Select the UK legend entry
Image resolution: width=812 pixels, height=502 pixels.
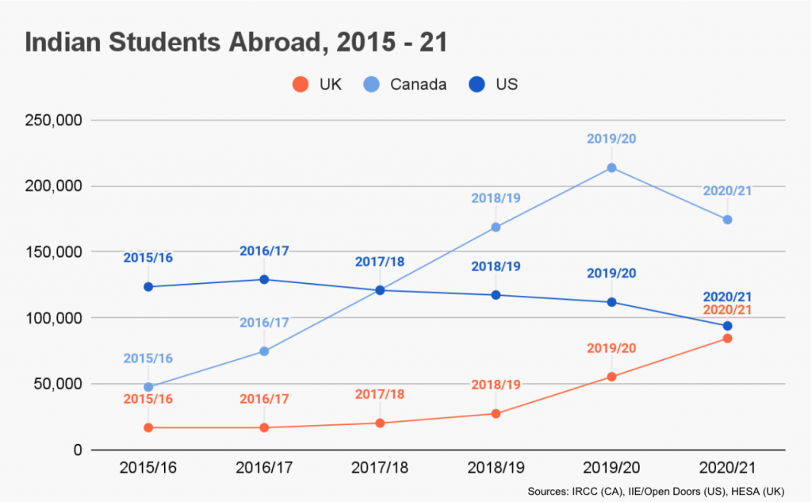click(317, 84)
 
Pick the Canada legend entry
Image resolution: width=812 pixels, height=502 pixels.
click(404, 84)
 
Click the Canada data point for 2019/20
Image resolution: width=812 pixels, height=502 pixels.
click(611, 168)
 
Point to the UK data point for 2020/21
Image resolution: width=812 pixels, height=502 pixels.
click(727, 339)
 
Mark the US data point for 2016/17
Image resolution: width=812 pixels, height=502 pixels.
click(264, 279)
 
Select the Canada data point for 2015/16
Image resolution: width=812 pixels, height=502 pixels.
click(148, 387)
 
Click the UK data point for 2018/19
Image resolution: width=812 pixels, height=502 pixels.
click(496, 413)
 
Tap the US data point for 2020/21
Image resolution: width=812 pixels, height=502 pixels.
click(727, 326)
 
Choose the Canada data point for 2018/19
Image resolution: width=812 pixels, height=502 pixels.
click(496, 227)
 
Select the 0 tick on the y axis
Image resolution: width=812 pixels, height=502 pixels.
click(76, 450)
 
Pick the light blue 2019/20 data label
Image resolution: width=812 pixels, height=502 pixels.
click(611, 139)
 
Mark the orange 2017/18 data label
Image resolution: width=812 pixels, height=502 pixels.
click(380, 394)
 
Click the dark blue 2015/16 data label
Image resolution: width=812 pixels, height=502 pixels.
click(148, 258)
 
